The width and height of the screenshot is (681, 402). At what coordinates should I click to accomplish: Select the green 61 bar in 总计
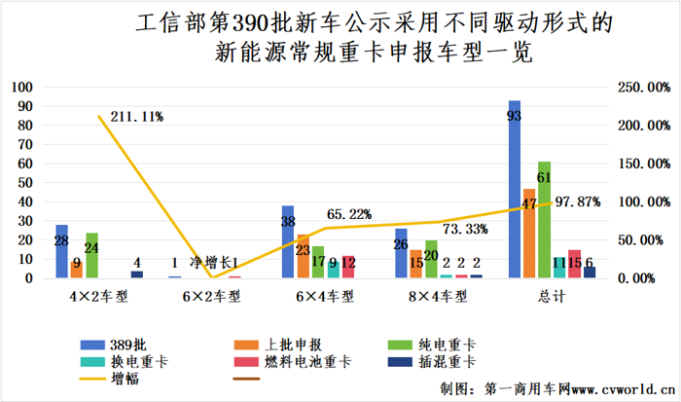tap(544, 220)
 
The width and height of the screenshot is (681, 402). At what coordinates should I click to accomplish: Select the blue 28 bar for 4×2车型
tap(62, 251)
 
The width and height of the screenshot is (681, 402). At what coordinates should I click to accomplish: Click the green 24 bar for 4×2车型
tap(92, 255)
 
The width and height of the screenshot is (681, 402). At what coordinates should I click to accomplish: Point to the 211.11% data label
tap(137, 117)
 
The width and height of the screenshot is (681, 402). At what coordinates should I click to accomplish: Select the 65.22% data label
tap(347, 214)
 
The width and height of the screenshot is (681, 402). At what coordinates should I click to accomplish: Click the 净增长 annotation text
tap(209, 263)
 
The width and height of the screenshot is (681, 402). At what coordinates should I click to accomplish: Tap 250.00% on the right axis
tap(643, 87)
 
